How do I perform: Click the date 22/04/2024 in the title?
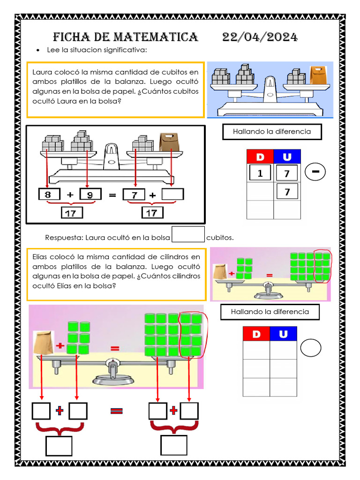click(260, 37)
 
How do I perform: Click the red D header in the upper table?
click(260, 157)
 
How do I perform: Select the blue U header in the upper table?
click(287, 157)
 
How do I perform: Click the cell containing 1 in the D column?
click(260, 173)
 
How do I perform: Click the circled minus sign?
click(316, 172)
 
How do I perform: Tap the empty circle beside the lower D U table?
click(311, 348)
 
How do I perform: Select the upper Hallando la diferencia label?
click(272, 132)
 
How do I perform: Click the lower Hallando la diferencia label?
click(270, 312)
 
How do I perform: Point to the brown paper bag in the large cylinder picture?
click(43, 342)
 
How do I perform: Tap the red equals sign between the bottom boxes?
click(117, 411)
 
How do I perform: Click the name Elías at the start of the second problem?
click(40, 256)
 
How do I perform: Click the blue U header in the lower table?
click(283, 334)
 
